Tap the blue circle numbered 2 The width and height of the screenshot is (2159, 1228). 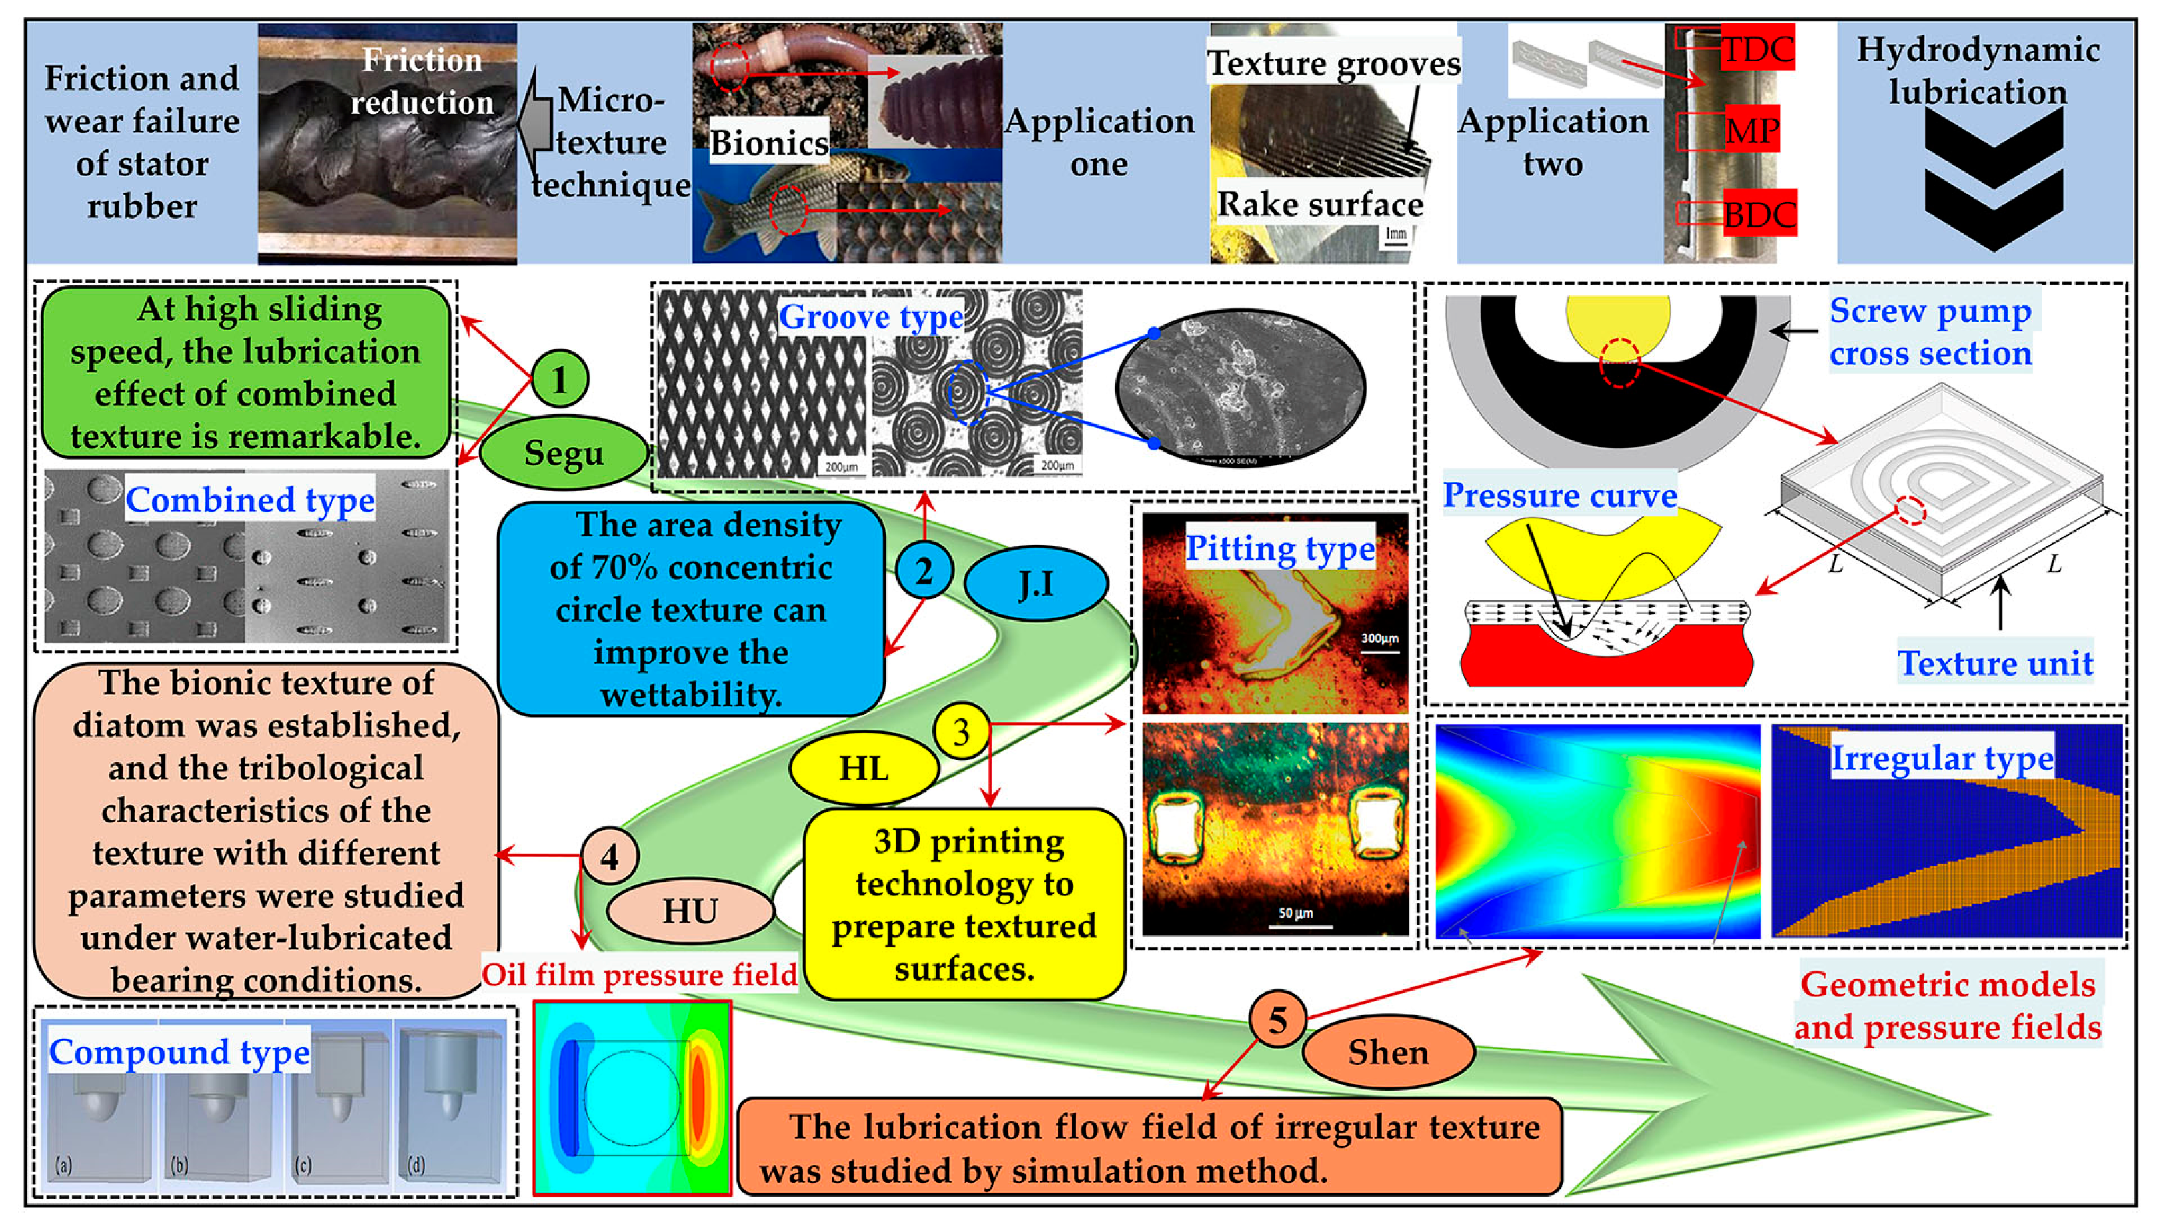924,571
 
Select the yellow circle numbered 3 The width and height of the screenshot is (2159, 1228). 961,730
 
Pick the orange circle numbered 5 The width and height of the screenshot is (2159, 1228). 1277,1019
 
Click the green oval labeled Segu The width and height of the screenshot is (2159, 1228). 563,453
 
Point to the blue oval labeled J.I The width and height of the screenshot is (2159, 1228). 1035,584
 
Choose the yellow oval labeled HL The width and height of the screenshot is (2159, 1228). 864,768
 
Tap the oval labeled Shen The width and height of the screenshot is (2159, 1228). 1388,1051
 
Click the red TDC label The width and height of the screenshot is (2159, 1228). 1756,49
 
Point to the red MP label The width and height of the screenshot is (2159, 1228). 1752,130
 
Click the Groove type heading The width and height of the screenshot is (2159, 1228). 870,317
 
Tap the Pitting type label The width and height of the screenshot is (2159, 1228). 1279,548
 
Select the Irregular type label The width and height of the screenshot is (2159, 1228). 1941,758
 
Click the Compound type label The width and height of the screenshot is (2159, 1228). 179,1051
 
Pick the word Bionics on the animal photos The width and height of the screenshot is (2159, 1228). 768,142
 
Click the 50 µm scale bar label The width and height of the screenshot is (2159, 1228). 1295,913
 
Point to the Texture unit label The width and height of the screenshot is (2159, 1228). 1994,663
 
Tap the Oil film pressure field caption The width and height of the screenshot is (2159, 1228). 639,974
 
